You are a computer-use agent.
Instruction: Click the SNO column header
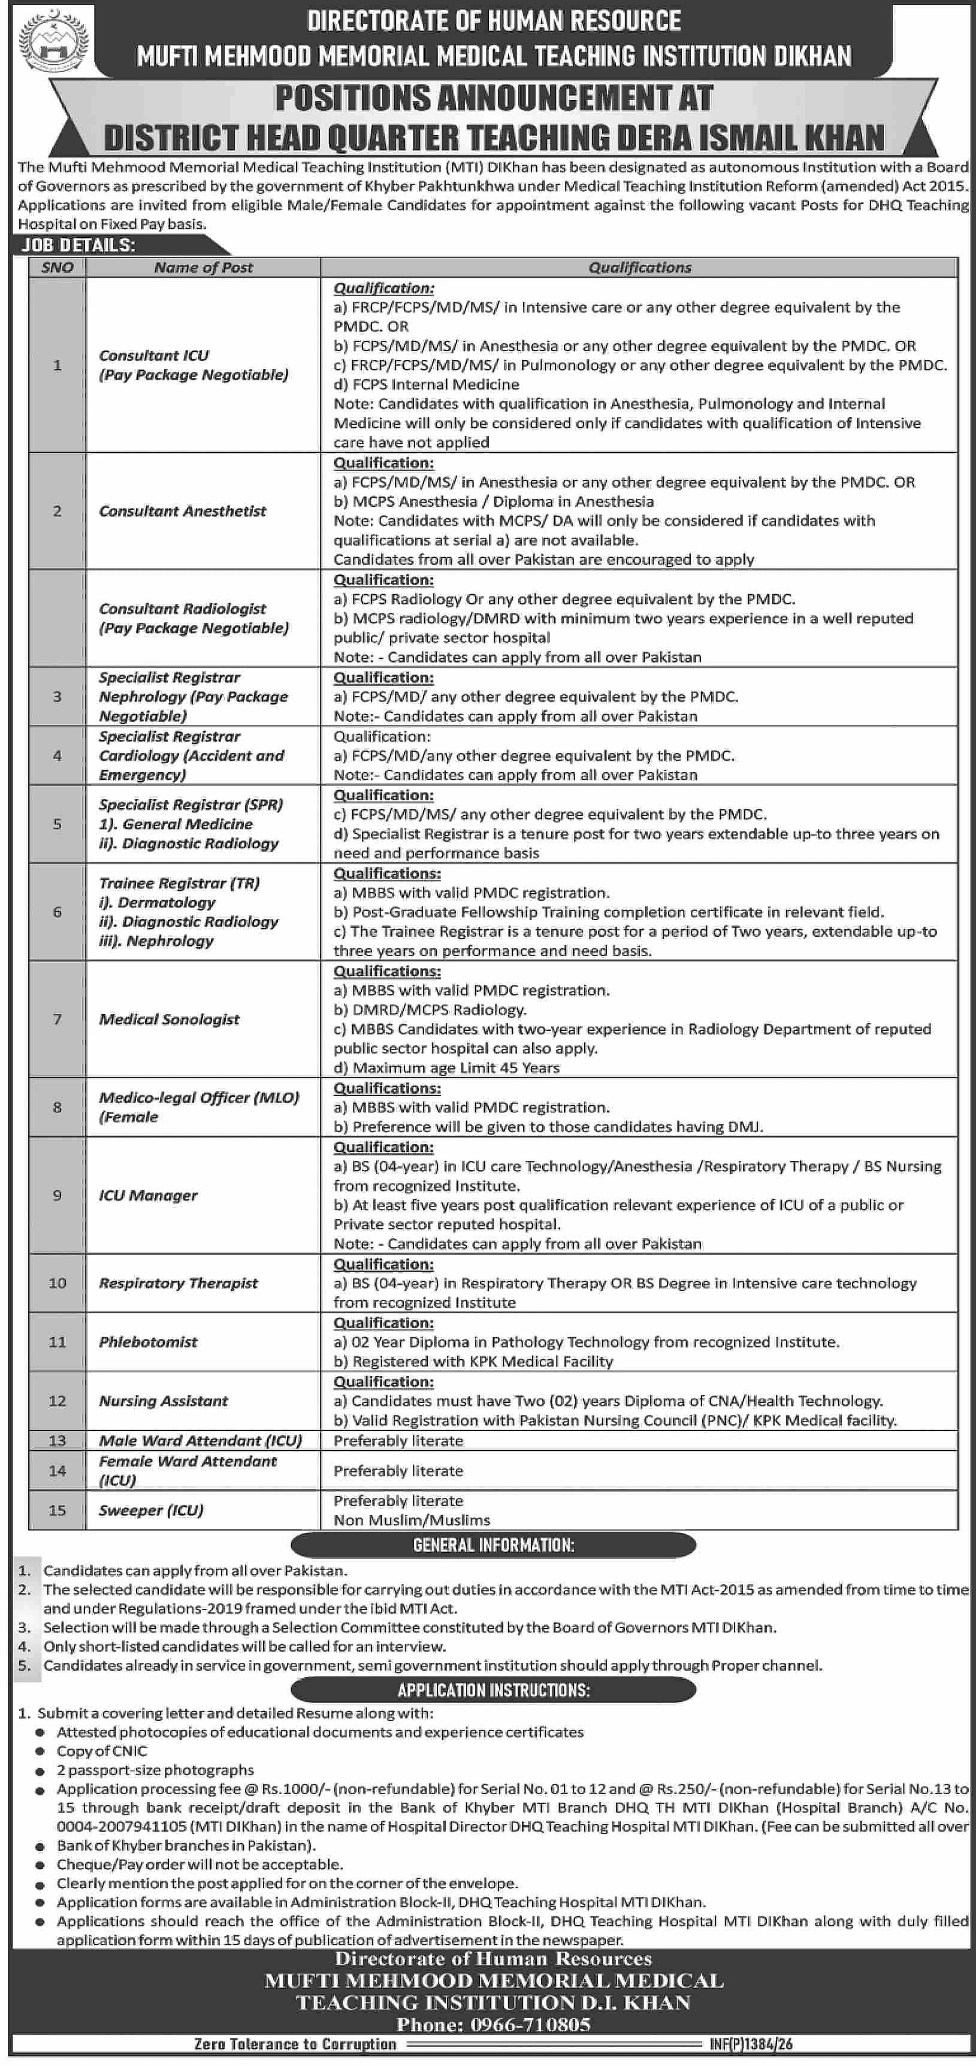click(57, 268)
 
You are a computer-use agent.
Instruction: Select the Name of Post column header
click(203, 268)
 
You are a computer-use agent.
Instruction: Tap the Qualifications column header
click(639, 268)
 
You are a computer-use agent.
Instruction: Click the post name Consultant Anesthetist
click(182, 511)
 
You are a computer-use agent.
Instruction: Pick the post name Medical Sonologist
click(169, 1020)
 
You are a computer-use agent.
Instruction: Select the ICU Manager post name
click(147, 1195)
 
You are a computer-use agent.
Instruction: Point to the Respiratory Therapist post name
click(178, 1283)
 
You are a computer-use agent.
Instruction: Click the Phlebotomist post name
click(147, 1342)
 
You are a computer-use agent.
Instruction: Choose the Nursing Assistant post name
click(163, 1401)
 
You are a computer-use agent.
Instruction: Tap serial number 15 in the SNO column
click(57, 1510)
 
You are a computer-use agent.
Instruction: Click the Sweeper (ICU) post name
click(151, 1510)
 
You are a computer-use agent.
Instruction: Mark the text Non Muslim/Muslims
click(412, 1520)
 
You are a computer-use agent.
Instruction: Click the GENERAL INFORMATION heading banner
click(493, 1545)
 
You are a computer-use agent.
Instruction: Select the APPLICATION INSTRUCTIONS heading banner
click(493, 1690)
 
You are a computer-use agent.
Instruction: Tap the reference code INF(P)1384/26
click(751, 2044)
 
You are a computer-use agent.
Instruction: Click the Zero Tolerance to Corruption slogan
click(295, 2044)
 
